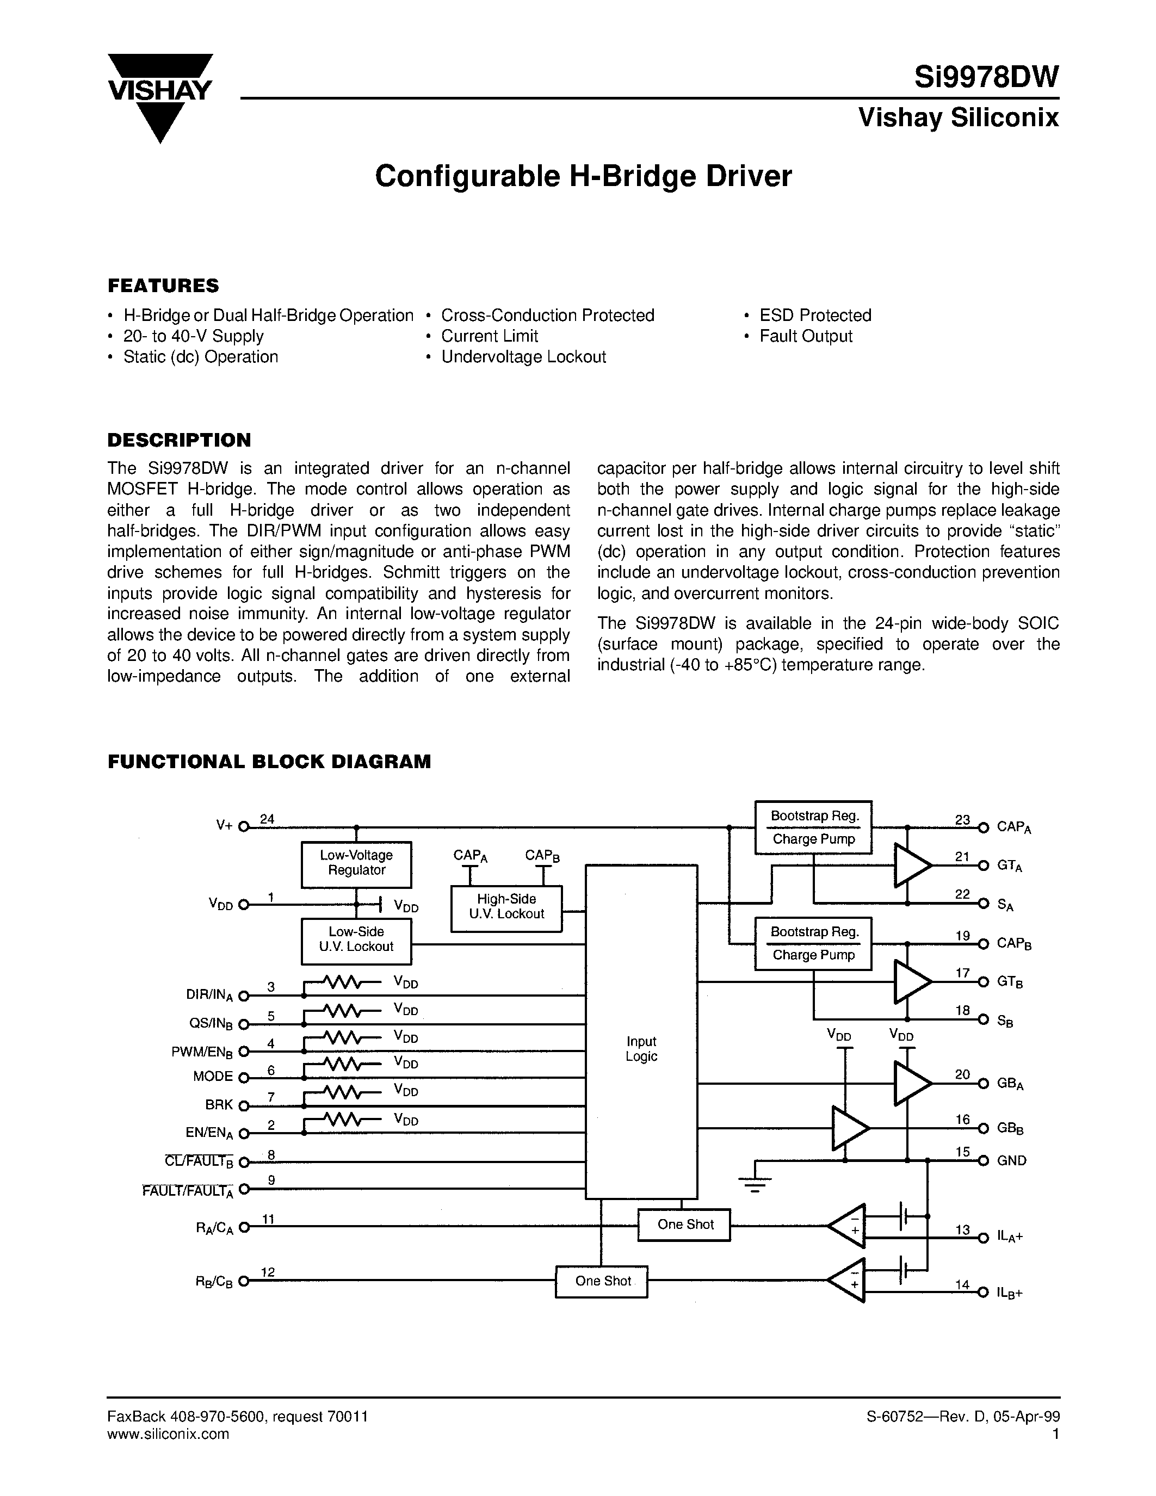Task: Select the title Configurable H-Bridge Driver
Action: point(583,176)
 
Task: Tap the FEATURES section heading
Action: point(163,285)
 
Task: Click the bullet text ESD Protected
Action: point(815,315)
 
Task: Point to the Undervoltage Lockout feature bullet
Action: point(523,357)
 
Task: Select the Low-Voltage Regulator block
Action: point(356,863)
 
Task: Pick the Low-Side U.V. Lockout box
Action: point(356,940)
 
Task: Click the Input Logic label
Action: point(641,1049)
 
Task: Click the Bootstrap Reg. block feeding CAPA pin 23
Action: point(813,816)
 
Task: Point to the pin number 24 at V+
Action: point(267,819)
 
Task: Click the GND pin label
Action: point(1011,1160)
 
